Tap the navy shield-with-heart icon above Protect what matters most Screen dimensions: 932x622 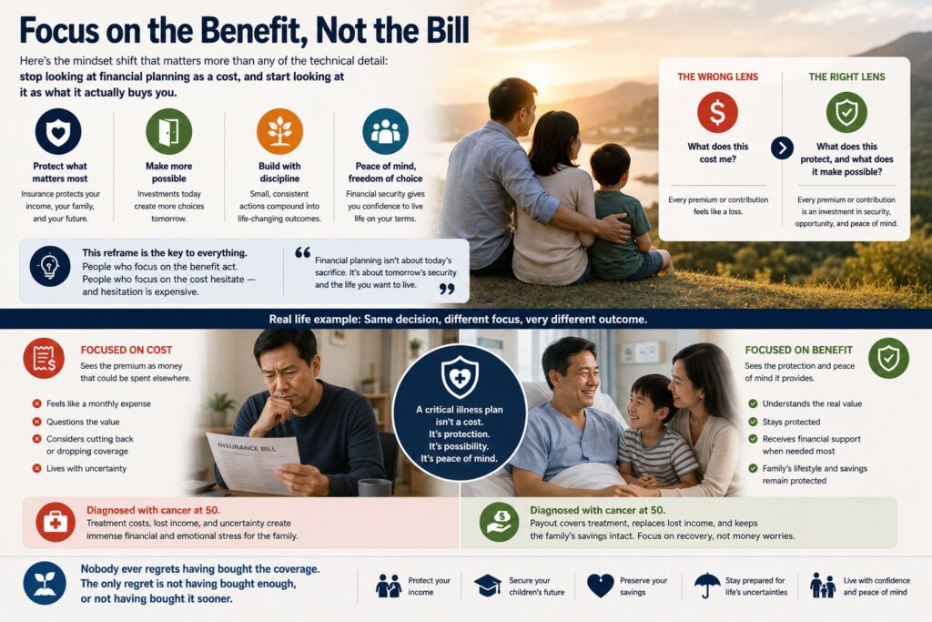[x=58, y=131]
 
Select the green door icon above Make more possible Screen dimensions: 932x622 [x=168, y=131]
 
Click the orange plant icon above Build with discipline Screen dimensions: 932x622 [x=279, y=131]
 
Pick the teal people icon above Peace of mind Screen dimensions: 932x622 [x=385, y=131]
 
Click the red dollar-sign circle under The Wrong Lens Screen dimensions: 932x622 [x=717, y=112]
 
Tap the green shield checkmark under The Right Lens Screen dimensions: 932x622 [x=846, y=112]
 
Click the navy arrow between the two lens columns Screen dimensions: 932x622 [x=782, y=148]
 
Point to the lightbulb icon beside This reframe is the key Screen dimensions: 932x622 [x=50, y=267]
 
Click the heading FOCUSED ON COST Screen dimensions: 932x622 [x=126, y=351]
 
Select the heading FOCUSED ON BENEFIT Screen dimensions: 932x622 [x=799, y=351]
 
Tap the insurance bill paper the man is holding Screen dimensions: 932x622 [x=254, y=462]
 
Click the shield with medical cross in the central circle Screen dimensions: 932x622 [x=460, y=377]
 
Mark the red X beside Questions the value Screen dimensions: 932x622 [x=36, y=422]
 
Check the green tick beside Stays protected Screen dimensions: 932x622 [x=753, y=422]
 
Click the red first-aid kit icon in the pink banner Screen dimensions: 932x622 [x=56, y=523]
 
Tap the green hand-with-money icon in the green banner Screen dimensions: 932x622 [x=500, y=523]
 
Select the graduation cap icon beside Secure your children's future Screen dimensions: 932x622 [x=488, y=586]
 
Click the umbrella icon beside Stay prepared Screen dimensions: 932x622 [x=707, y=586]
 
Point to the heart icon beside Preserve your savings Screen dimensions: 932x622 [x=601, y=586]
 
